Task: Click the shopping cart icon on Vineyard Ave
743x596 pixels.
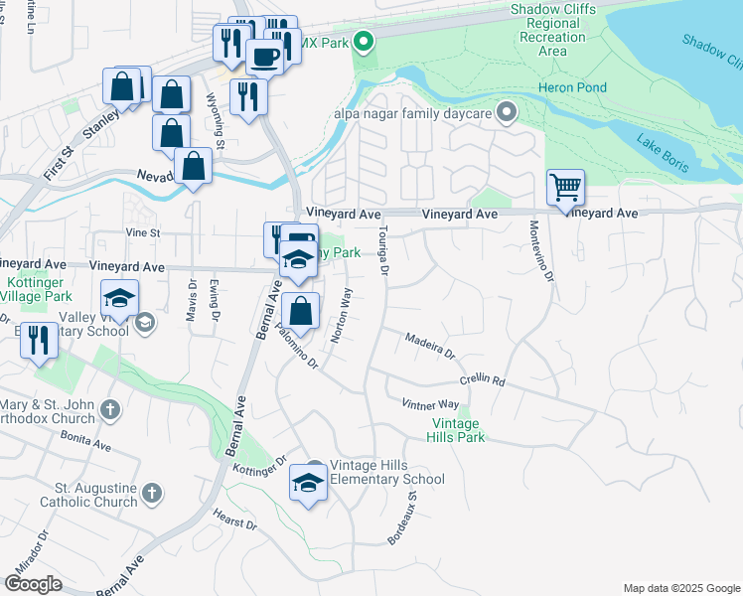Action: pos(565,186)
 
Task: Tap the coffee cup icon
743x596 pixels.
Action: pos(263,57)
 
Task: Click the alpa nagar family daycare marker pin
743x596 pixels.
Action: pos(508,111)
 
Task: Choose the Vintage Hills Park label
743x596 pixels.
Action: pos(457,430)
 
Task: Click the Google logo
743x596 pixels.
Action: pos(33,584)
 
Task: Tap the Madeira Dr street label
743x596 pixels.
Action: pos(429,347)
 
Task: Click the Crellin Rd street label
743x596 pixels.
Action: pos(482,380)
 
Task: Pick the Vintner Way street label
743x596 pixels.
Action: pos(429,404)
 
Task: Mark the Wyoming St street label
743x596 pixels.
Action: pos(216,120)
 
